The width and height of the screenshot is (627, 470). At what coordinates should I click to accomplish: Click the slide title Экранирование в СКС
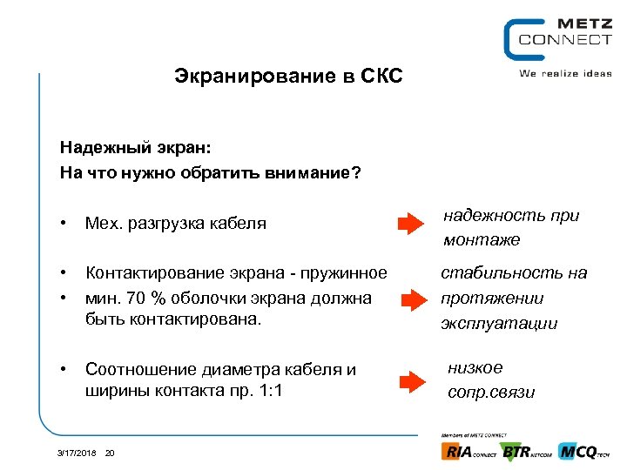coord(288,77)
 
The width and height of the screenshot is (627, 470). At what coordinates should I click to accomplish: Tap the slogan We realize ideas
coord(565,74)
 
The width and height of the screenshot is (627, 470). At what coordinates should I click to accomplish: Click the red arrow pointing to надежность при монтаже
coord(410,225)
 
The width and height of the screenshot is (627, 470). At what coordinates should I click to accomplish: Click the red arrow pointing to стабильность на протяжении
coord(410,299)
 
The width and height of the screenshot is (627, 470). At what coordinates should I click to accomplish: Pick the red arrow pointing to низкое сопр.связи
coord(410,380)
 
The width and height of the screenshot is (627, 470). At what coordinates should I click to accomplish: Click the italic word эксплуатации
coord(499,323)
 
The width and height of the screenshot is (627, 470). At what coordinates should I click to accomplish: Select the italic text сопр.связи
coord(491,393)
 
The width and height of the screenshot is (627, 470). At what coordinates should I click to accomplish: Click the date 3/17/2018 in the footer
coord(76,453)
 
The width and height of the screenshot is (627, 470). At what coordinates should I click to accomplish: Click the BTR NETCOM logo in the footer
coord(526,452)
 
